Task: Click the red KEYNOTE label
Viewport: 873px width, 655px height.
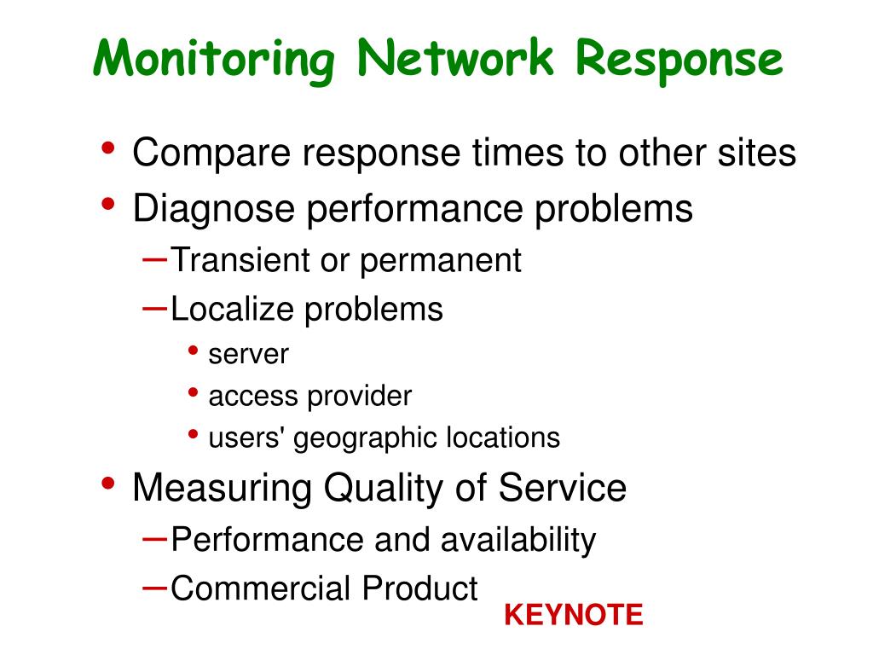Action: click(573, 615)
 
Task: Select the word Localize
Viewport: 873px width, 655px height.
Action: click(232, 309)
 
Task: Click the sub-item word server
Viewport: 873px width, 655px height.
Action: click(249, 355)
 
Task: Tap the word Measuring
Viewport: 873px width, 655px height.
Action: click(223, 488)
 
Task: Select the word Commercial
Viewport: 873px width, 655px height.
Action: click(261, 588)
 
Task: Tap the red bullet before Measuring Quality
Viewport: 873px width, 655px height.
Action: click(108, 484)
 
